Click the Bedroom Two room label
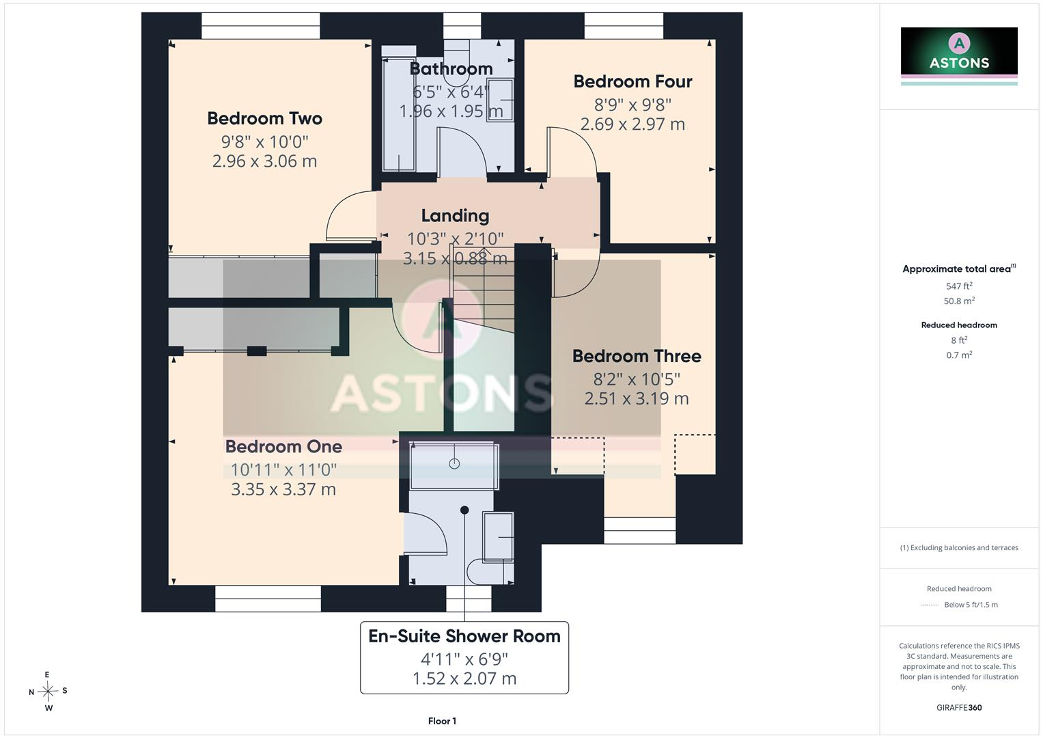tap(264, 118)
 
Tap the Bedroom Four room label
tap(632, 81)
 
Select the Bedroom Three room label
tap(637, 357)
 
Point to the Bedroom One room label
tap(283, 447)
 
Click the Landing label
tap(455, 216)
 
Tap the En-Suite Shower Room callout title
tap(464, 636)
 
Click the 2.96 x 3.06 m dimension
tap(264, 161)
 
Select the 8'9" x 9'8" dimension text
tap(632, 105)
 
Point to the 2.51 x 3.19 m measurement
tap(637, 399)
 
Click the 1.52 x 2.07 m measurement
tap(464, 679)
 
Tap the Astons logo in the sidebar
tap(959, 56)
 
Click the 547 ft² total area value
tap(959, 286)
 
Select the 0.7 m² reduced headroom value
tap(959, 355)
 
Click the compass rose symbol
tap(48, 692)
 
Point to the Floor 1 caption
tap(442, 721)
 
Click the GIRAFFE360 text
tap(959, 708)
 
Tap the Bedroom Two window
tap(261, 26)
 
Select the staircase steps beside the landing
tap(484, 289)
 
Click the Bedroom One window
tap(268, 599)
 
